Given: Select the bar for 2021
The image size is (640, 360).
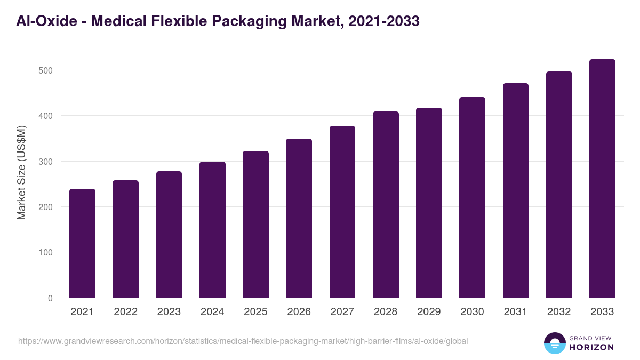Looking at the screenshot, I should coord(82,243).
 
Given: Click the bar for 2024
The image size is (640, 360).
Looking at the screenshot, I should coord(212,229).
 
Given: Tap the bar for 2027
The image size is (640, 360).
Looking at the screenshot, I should coord(342,212).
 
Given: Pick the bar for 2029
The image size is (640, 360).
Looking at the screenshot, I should coord(429,203).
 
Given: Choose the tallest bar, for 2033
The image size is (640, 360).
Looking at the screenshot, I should coord(602,178).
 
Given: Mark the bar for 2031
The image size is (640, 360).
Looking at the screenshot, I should coord(516,190).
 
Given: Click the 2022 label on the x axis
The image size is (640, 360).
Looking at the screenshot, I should coord(125,312).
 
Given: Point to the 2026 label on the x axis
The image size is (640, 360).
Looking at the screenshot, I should coord(299,312).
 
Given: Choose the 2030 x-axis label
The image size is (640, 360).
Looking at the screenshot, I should coord(472,312).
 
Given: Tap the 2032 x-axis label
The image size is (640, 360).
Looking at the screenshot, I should coord(559,312).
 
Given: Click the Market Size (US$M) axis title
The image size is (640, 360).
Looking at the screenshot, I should coord(21,172).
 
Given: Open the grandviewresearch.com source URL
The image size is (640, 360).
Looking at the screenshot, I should coord(243,341).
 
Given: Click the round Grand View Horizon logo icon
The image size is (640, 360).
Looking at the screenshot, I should coord(554,343).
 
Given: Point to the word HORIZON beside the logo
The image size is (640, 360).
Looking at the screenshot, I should coord(591,347).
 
